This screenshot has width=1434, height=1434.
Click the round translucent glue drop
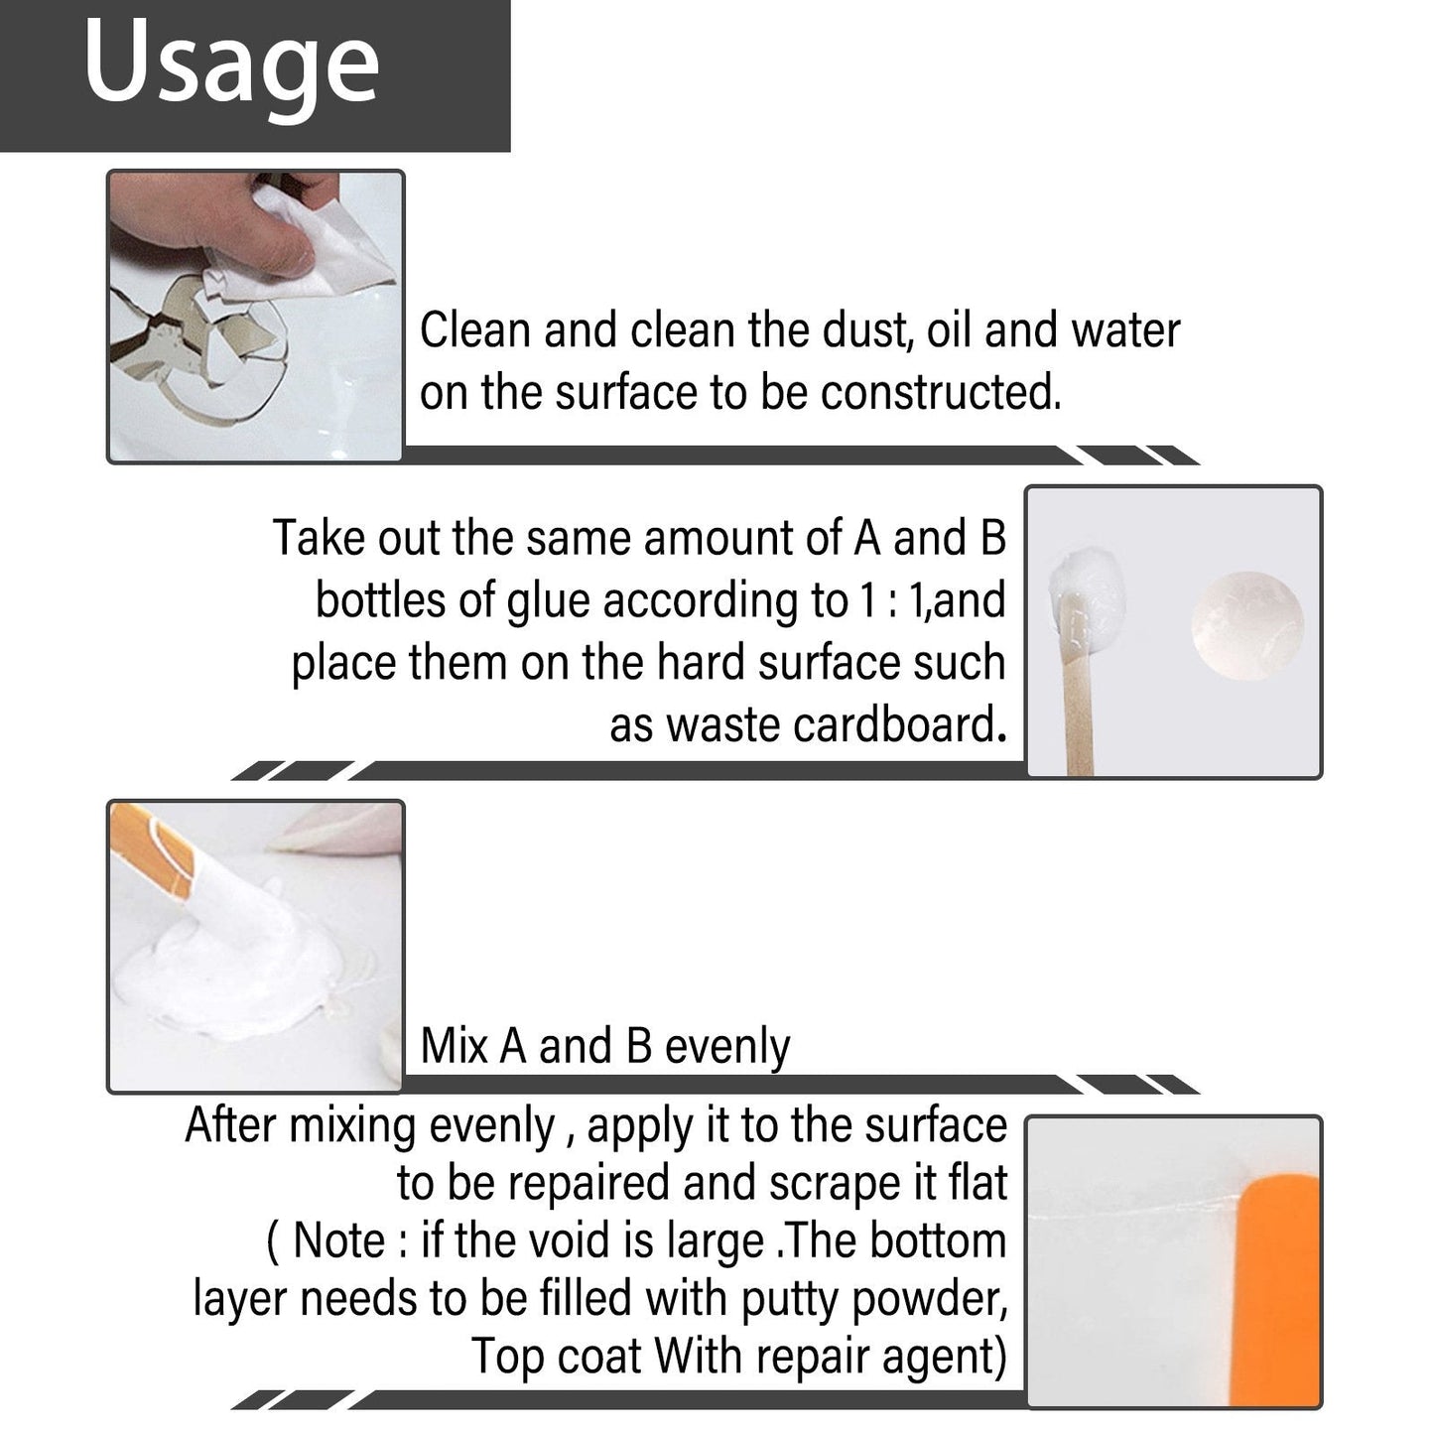1247,625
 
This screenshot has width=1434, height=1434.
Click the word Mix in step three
455,1047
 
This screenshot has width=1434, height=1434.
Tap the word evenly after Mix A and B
726,1047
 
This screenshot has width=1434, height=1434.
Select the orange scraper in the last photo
1280,1290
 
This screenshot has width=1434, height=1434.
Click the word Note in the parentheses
338,1240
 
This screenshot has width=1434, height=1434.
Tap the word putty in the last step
791,1299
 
